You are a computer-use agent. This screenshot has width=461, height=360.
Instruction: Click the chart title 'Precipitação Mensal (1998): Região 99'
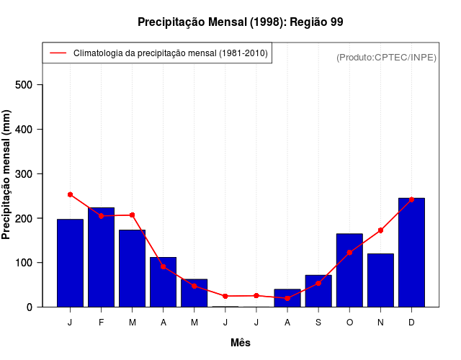point(241,22)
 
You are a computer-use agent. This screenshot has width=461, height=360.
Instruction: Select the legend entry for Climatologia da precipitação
point(170,53)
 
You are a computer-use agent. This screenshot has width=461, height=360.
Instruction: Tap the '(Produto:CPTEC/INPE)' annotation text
point(386,57)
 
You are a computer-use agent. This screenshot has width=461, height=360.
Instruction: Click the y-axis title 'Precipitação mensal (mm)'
point(6,175)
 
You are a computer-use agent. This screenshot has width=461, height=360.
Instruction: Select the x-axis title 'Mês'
point(241,343)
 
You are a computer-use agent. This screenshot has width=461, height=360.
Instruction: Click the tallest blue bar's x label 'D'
point(411,323)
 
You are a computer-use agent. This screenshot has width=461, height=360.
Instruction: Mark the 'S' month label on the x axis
point(318,323)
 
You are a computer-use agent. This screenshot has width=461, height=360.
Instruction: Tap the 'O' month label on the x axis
point(349,323)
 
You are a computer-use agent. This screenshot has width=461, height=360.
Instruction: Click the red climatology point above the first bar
point(70,194)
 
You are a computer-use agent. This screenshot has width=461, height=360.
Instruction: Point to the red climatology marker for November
point(380,230)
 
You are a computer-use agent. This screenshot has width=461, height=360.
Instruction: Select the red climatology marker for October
point(349,253)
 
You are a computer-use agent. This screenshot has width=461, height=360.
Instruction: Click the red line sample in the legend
point(58,53)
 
